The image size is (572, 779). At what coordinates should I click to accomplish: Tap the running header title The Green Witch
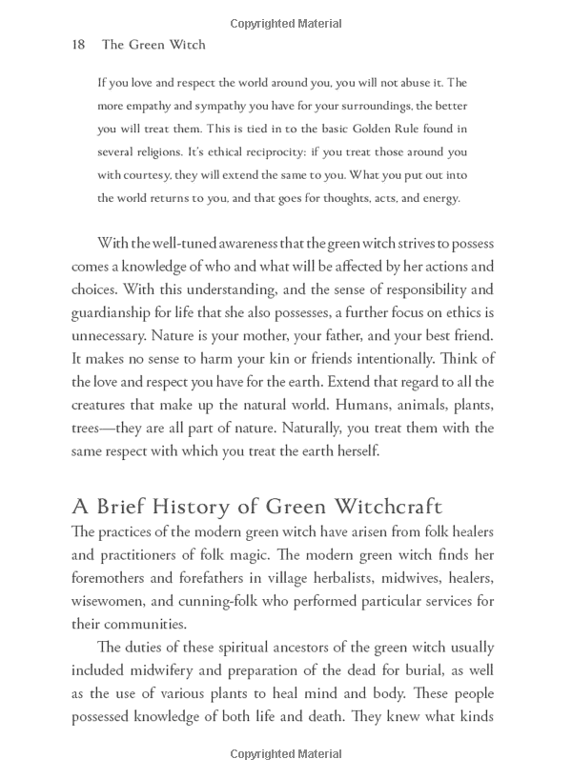click(x=153, y=44)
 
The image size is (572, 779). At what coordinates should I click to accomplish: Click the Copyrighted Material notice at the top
click(x=286, y=21)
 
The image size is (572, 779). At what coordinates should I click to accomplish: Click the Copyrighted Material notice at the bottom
click(x=286, y=754)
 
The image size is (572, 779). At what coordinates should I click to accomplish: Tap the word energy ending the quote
click(x=437, y=198)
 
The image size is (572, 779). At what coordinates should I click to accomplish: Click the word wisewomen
click(x=109, y=601)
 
